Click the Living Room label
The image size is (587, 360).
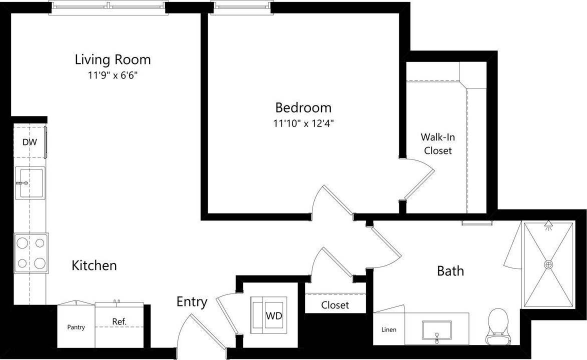click(112, 59)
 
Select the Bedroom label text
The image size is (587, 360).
click(303, 107)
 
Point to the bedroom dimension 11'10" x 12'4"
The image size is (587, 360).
click(303, 123)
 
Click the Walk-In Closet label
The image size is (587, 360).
click(437, 143)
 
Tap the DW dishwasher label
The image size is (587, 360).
click(29, 142)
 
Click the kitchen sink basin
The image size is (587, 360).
click(30, 183)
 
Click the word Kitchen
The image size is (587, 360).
click(94, 265)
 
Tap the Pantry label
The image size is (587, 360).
click(76, 327)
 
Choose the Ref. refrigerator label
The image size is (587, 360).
click(119, 321)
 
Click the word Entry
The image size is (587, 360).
click(191, 302)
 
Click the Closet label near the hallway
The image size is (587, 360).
click(335, 305)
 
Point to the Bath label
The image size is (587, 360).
click(450, 271)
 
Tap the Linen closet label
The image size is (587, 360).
click(388, 329)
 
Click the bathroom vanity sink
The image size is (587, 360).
click(437, 331)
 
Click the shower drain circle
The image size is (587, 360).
click(548, 264)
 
